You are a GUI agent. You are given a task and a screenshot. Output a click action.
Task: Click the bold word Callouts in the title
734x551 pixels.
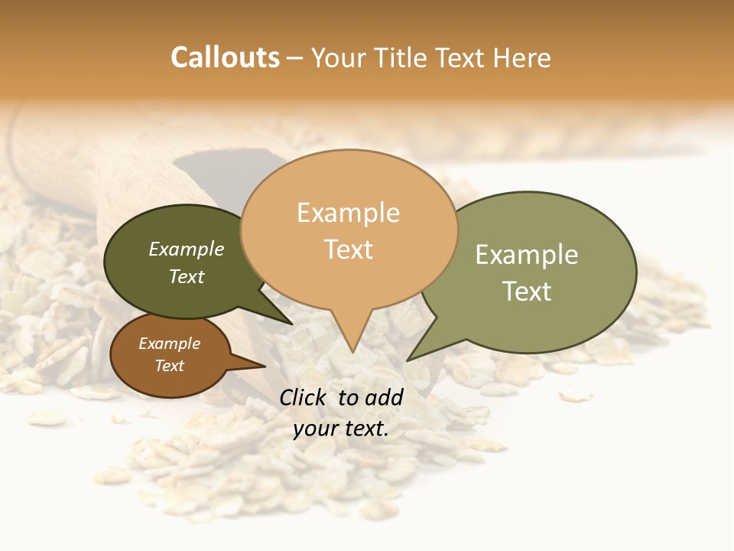(225, 57)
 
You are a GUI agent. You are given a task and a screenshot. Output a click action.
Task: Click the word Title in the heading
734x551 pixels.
(404, 58)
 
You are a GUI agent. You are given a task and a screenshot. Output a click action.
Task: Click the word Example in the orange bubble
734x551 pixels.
(348, 213)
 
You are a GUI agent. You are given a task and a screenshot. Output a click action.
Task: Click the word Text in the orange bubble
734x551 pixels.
(349, 249)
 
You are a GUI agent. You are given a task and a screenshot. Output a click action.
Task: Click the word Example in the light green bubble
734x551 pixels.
(527, 255)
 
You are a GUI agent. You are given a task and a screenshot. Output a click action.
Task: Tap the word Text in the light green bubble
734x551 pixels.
(527, 292)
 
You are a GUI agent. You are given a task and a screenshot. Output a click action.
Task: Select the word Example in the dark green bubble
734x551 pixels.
(187, 249)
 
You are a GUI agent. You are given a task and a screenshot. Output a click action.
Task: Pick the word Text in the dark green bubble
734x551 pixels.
(187, 277)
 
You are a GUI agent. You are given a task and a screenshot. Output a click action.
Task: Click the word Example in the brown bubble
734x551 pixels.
(170, 344)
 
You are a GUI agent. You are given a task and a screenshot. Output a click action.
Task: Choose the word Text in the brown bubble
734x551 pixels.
(170, 366)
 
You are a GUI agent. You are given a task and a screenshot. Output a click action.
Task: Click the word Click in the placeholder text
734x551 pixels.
(305, 397)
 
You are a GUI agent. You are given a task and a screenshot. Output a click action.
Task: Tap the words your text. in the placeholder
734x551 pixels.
(341, 429)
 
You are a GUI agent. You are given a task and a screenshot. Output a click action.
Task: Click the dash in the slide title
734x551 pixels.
(296, 58)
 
